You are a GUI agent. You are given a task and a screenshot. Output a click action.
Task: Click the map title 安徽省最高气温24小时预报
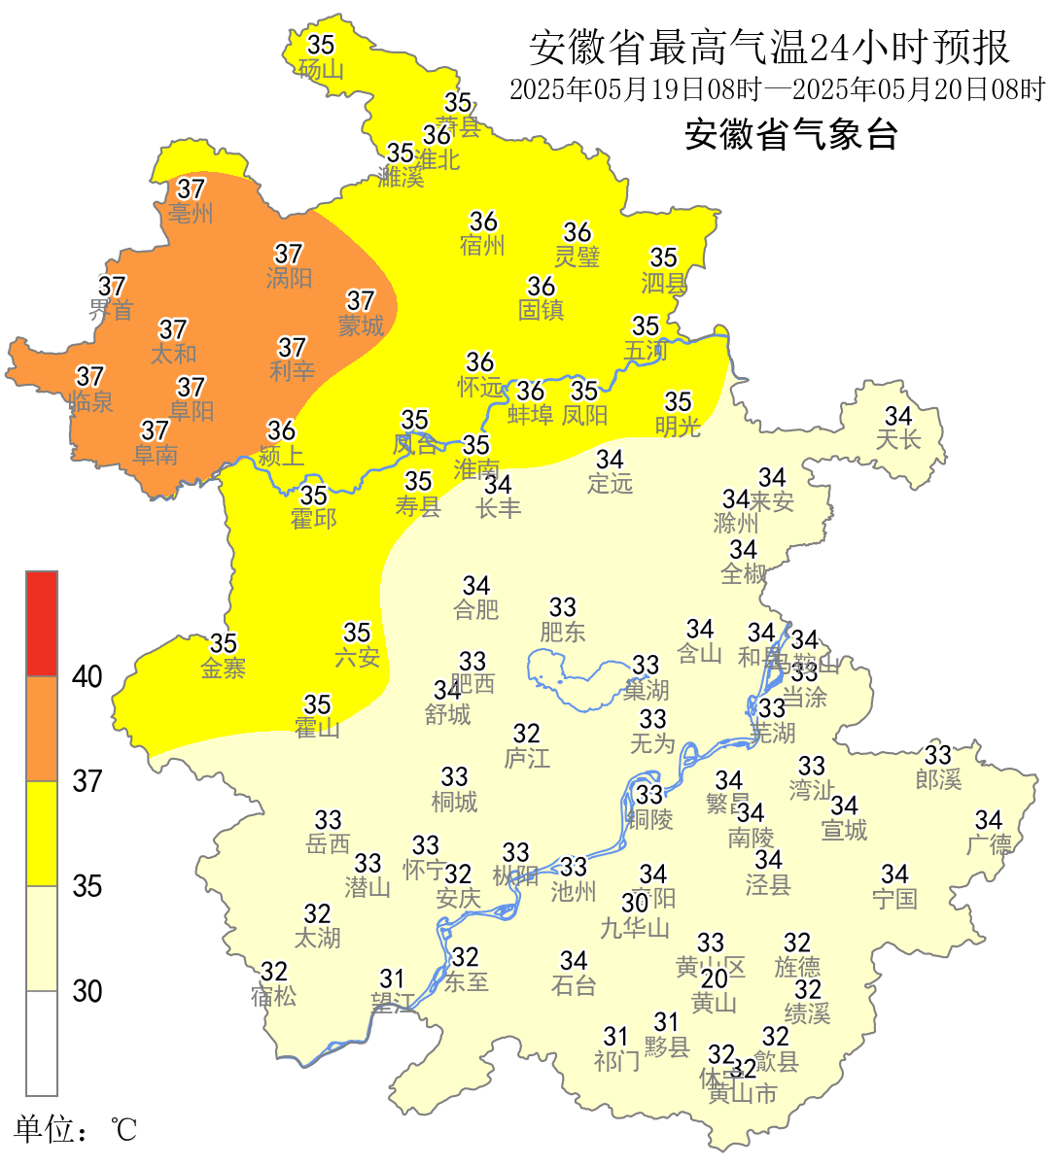point(769,48)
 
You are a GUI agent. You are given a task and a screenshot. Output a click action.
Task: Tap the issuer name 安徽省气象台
point(790,134)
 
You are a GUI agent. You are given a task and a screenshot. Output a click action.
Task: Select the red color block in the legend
point(42,624)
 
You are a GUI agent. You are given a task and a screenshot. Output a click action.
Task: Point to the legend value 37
point(87,781)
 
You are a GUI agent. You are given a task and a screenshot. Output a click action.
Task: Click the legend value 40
point(87,676)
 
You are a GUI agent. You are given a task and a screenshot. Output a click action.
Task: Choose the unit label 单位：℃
point(75,1129)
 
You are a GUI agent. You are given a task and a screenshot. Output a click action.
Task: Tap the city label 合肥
point(476,610)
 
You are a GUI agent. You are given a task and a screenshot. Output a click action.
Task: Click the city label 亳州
point(191,213)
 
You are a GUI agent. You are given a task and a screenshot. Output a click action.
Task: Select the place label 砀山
point(321,69)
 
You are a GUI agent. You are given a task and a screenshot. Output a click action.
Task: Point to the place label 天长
point(898,440)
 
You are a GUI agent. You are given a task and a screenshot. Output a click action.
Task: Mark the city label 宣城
point(844,830)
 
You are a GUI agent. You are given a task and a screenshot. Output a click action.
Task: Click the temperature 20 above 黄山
point(715,978)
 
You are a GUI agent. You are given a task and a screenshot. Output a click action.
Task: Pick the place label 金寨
point(224,668)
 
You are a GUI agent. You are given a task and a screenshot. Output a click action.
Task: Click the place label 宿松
point(273,996)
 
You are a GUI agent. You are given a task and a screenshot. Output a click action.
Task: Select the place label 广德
point(989,844)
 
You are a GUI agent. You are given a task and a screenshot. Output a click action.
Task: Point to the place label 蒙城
point(361,326)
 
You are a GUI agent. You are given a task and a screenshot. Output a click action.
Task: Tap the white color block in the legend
point(42,1043)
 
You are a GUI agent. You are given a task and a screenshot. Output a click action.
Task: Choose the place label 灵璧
point(577,257)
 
